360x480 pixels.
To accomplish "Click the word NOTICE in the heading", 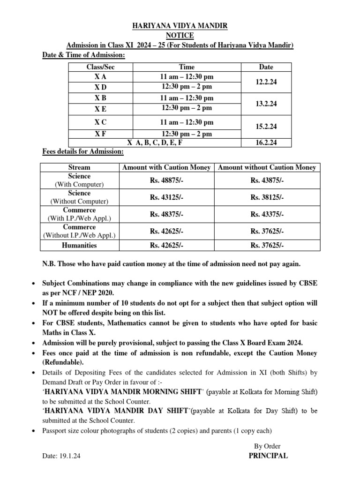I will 180,36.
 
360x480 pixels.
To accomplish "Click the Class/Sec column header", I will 101,67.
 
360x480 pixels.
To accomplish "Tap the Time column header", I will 187,67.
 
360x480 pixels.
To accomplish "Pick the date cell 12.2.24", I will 266,82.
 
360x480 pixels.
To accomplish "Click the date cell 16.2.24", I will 266,142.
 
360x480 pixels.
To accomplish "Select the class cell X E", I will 101,108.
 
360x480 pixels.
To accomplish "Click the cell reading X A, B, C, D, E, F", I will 155,142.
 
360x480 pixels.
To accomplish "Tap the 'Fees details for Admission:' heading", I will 83,151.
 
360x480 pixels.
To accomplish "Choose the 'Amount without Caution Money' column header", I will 267,167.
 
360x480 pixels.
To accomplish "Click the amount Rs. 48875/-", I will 167,180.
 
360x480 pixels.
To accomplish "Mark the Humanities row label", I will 79,245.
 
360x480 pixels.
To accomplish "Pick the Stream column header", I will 79,167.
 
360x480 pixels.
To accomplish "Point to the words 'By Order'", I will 268,446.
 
